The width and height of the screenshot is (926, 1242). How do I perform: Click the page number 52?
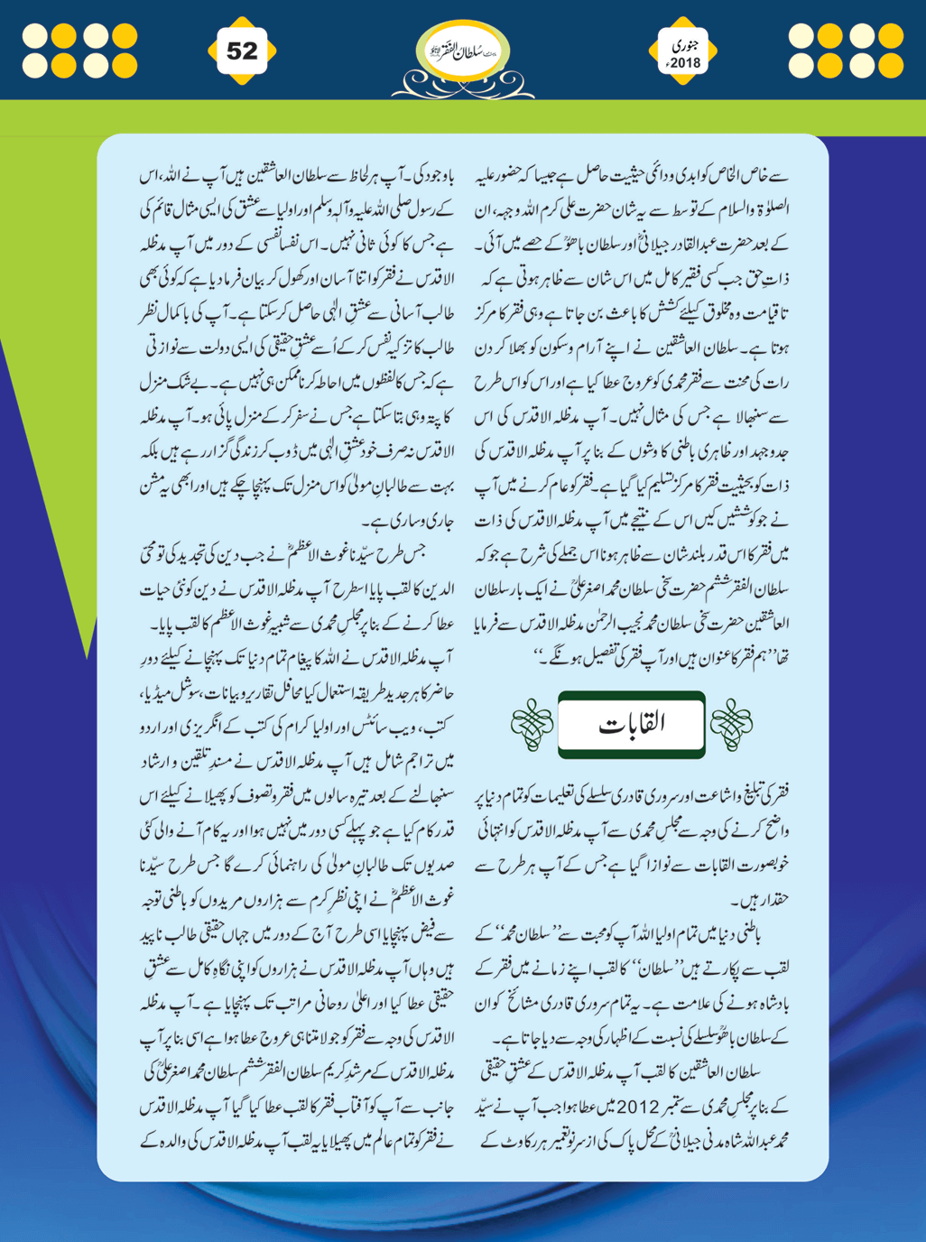(x=242, y=51)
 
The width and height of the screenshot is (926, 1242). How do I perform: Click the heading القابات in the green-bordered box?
(x=631, y=724)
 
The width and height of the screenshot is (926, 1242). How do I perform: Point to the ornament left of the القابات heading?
(x=532, y=725)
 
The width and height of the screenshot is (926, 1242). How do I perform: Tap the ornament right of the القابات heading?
(x=731, y=725)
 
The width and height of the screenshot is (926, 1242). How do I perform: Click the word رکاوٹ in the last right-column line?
(x=523, y=1139)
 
